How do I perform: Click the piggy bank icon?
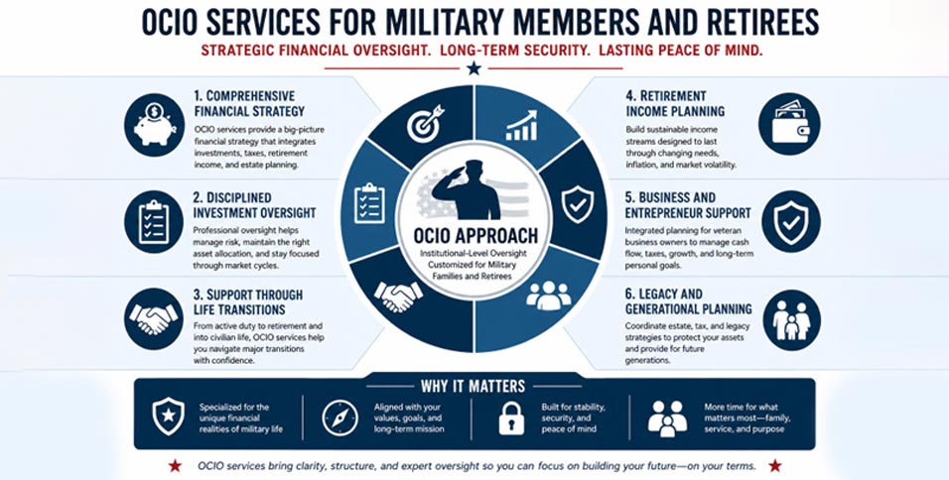154,125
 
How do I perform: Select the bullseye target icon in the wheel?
425,123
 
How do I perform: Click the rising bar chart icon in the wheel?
522,125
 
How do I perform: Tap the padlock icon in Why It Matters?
511,419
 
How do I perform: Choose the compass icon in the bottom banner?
339,419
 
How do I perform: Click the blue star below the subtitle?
474,68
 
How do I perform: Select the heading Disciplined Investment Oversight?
254,205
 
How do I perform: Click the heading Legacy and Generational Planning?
688,301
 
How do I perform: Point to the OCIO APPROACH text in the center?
475,235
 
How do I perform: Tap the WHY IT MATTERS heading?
473,386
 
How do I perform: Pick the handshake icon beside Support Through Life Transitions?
154,319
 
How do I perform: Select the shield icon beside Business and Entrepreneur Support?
790,221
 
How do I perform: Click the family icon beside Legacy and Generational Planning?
790,319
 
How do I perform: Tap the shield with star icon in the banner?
168,417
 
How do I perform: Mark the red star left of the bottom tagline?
175,465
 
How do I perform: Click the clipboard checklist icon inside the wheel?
369,203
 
